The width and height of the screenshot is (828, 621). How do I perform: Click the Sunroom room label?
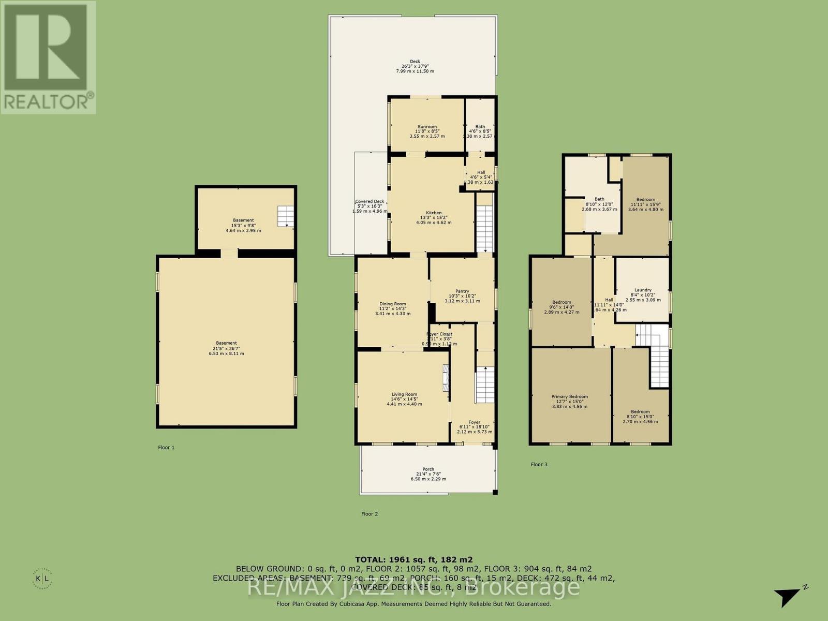click(427, 127)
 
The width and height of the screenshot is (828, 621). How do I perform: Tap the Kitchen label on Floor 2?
click(434, 213)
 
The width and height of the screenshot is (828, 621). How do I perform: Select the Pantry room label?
click(462, 291)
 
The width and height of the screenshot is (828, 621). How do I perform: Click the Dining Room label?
click(392, 304)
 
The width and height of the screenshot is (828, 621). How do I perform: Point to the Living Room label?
click(404, 394)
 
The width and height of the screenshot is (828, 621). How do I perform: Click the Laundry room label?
click(643, 290)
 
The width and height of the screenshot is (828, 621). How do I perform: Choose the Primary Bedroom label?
click(569, 397)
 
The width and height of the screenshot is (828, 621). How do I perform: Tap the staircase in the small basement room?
click(285, 216)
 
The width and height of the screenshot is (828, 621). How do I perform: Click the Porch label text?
click(428, 469)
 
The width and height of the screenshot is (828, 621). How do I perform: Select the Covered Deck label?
click(369, 202)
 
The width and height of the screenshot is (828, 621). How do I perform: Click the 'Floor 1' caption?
click(166, 447)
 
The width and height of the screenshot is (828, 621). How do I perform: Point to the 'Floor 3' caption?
click(539, 464)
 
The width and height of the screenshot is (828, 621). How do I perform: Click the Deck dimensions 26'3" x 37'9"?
click(415, 66)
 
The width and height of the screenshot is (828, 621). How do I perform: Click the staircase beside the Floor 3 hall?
click(653, 356)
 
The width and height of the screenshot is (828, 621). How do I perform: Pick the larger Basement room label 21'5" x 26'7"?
click(226, 343)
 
